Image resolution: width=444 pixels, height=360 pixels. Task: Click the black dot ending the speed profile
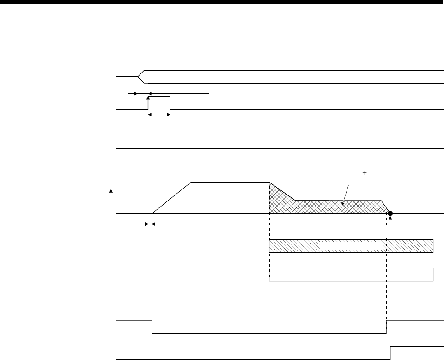[390, 214]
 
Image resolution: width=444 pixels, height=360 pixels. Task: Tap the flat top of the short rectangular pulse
[159, 96]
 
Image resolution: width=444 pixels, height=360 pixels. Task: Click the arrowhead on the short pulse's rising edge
[148, 98]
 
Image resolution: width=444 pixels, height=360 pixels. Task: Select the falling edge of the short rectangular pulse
[170, 103]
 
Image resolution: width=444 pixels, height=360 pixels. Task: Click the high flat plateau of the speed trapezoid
[230, 182]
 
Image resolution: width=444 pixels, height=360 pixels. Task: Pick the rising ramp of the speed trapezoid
[171, 198]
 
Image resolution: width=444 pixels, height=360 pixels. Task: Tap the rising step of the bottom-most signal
[390, 352]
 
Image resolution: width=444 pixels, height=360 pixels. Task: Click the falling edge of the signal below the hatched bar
[269, 274]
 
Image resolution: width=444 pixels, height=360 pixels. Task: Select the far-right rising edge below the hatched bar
[433, 274]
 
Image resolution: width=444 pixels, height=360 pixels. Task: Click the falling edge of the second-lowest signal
[152, 326]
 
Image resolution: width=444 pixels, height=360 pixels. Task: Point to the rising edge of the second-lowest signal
[386, 326]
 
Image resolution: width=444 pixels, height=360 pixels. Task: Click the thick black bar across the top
[222, 2]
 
